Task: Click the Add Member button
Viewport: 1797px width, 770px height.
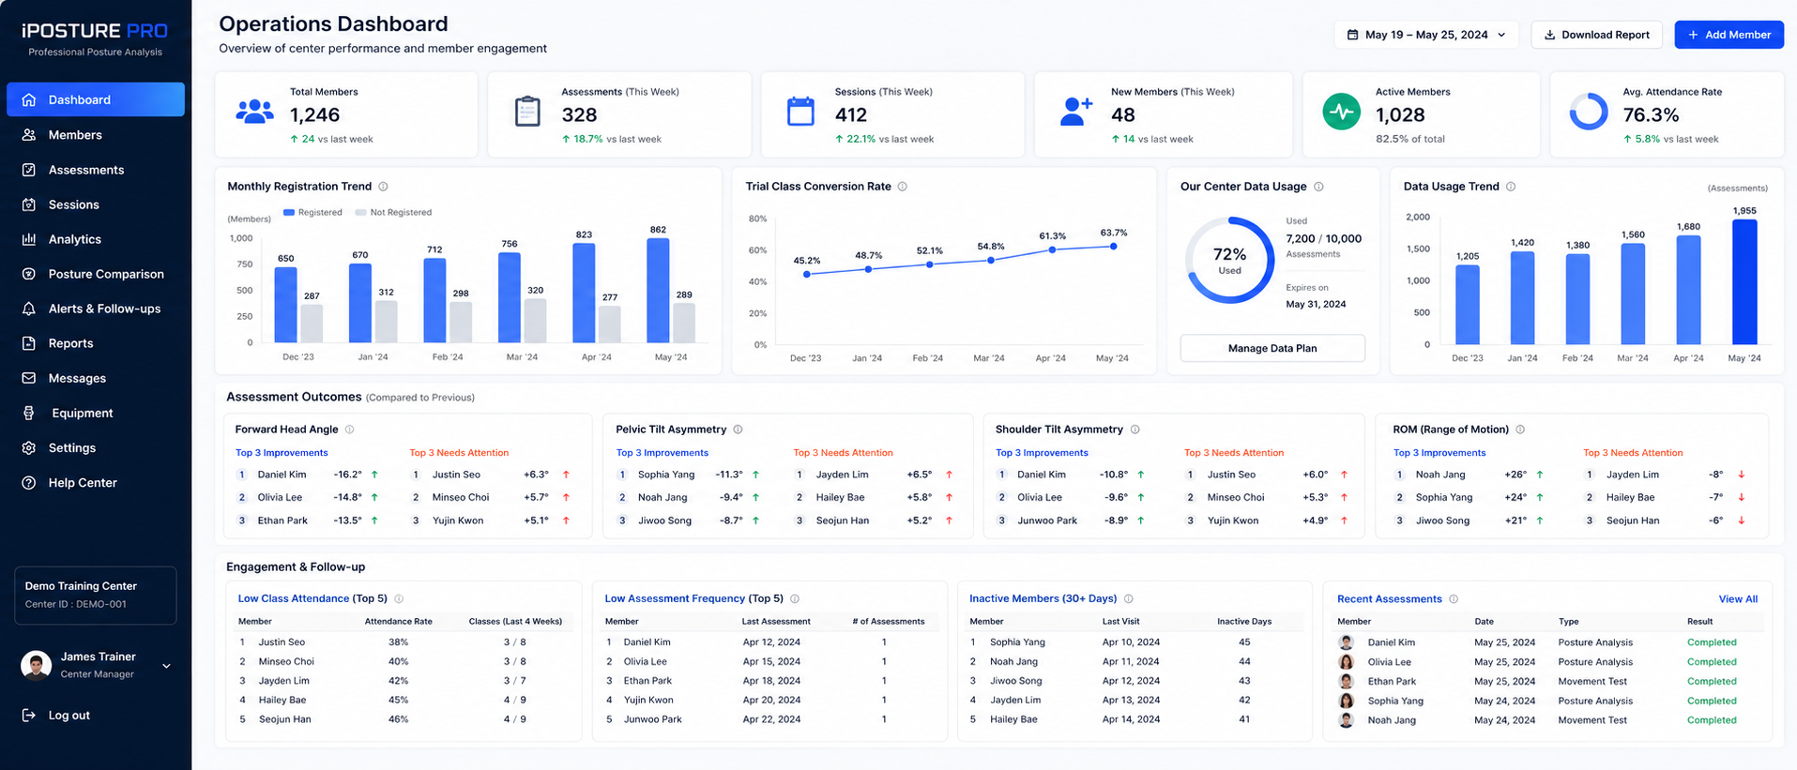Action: coord(1728,35)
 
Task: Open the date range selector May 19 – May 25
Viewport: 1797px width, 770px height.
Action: coord(1425,35)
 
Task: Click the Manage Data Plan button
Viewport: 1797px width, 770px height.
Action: coord(1272,348)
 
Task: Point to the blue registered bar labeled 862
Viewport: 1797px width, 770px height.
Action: coord(658,291)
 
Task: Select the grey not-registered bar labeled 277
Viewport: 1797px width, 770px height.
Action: coord(610,325)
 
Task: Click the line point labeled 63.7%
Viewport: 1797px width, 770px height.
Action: coord(1114,247)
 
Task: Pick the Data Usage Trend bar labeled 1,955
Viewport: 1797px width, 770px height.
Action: coord(1744,281)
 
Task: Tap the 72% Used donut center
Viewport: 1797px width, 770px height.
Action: coord(1229,260)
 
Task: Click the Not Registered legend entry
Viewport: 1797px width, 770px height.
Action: coord(393,213)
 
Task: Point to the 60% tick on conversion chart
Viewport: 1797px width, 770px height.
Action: coord(757,250)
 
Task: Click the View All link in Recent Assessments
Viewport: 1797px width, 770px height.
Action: coord(1738,599)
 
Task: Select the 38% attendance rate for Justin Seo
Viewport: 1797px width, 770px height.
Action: coord(398,642)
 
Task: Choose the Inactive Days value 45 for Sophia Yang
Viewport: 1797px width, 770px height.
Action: coord(1244,642)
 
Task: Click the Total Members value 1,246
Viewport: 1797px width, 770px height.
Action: coord(314,115)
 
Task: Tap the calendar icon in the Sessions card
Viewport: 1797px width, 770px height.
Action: coord(800,112)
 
